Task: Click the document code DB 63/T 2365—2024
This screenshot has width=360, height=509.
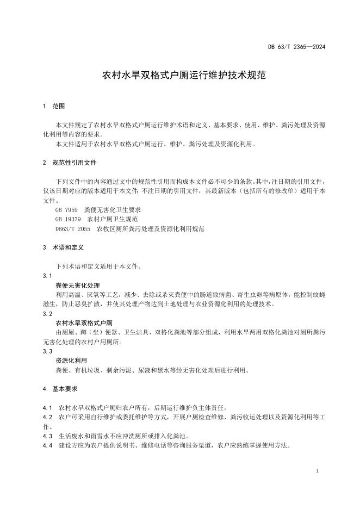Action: [296, 47]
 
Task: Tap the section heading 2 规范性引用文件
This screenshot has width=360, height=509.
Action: [70, 163]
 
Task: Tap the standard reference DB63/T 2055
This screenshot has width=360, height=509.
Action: [73, 229]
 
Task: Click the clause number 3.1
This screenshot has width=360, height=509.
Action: [47, 276]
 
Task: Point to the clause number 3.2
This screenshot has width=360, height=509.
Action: [47, 314]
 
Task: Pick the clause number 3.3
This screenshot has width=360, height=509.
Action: [47, 351]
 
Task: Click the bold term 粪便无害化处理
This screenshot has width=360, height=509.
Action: [78, 285]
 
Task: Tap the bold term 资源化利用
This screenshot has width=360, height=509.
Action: [71, 361]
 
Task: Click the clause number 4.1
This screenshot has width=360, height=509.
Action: [47, 408]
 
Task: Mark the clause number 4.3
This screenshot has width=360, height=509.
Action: [47, 436]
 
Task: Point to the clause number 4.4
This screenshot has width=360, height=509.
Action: [47, 445]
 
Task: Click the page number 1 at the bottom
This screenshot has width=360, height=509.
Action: [317, 470]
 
